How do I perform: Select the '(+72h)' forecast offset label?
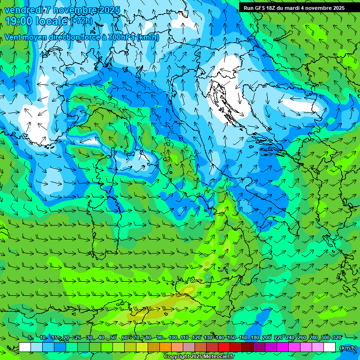point(82,21)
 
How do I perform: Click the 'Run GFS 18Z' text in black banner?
point(259,7)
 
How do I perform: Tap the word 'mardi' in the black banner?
point(293,7)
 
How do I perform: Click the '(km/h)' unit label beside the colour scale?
point(347,347)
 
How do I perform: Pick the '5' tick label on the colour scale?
point(30,337)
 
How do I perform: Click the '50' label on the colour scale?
point(113,337)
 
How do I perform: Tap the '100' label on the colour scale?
point(172,337)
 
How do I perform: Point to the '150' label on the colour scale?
point(231,337)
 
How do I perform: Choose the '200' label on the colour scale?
point(267,337)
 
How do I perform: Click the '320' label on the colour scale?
point(337,337)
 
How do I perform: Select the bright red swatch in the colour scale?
point(224,347)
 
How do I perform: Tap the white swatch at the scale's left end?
point(25,347)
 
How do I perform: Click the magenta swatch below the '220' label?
point(283,347)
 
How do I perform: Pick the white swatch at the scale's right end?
point(330,347)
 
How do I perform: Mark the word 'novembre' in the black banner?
point(318,7)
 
